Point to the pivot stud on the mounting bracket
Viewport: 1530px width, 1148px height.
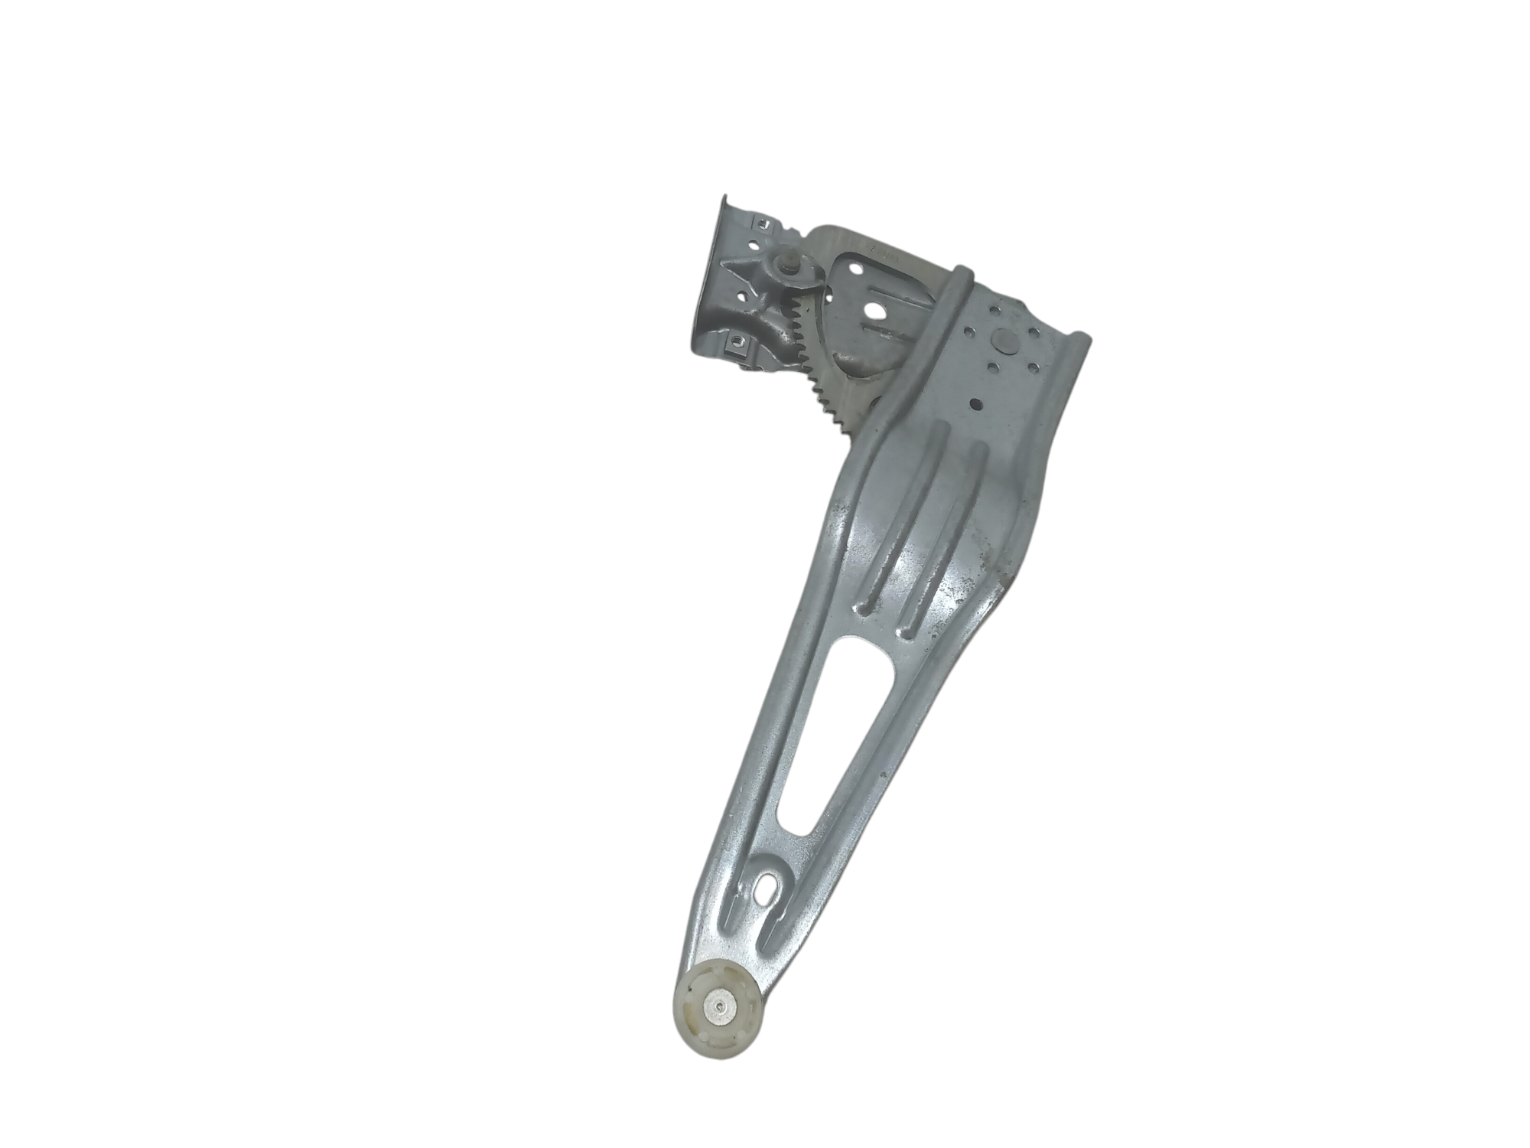(x=783, y=267)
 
